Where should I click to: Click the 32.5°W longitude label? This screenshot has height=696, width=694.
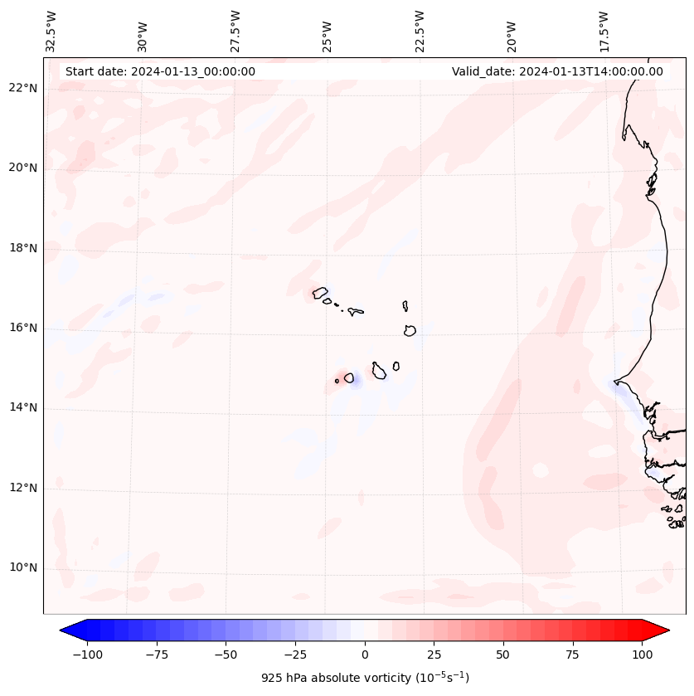pos(52,31)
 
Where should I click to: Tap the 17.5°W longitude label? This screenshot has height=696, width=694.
pos(604,31)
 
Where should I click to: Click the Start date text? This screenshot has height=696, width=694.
pos(160,71)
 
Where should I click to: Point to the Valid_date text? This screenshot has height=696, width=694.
pos(557,71)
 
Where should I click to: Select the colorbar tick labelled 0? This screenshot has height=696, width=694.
pos(365,655)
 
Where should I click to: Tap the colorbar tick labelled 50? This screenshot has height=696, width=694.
pos(503,655)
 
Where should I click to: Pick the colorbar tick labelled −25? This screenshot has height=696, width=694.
pos(295,655)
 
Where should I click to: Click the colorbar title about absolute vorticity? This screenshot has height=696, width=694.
pos(365,678)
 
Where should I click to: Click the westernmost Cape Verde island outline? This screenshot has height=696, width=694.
pos(319,292)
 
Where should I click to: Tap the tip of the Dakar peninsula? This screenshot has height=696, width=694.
pos(614,382)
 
